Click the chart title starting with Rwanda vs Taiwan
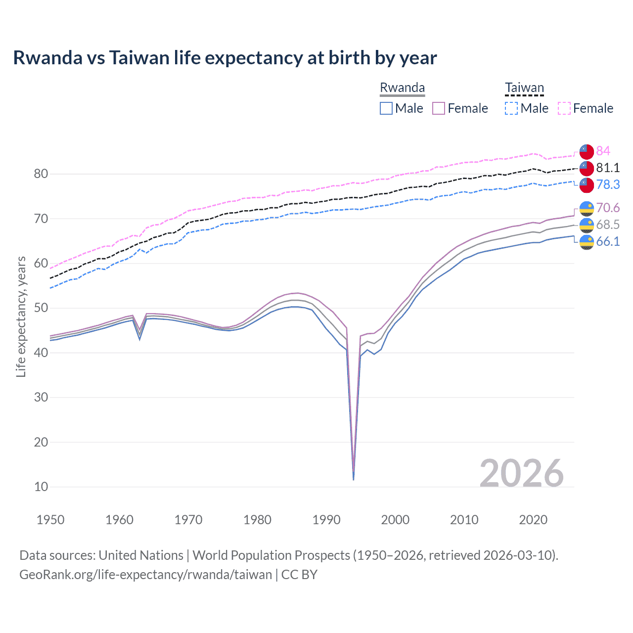tap(225, 58)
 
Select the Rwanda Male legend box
tap(386, 108)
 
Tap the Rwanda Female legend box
tap(439, 108)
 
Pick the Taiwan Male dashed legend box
tap(511, 108)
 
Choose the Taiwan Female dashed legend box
tap(564, 108)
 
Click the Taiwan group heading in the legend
tap(524, 88)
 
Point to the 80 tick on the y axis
tap(41, 174)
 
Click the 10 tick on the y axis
tap(41, 487)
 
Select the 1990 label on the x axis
tap(326, 520)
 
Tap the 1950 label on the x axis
tap(50, 520)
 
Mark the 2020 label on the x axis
tap(533, 520)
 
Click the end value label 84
tap(603, 151)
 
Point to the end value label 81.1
tap(607, 168)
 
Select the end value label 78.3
tap(607, 184)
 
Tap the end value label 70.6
tap(607, 208)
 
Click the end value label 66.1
tap(607, 241)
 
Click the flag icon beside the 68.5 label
tap(587, 225)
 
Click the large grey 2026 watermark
tap(521, 473)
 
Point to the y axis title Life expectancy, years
tap(21, 316)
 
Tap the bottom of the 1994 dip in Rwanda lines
tap(354, 479)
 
